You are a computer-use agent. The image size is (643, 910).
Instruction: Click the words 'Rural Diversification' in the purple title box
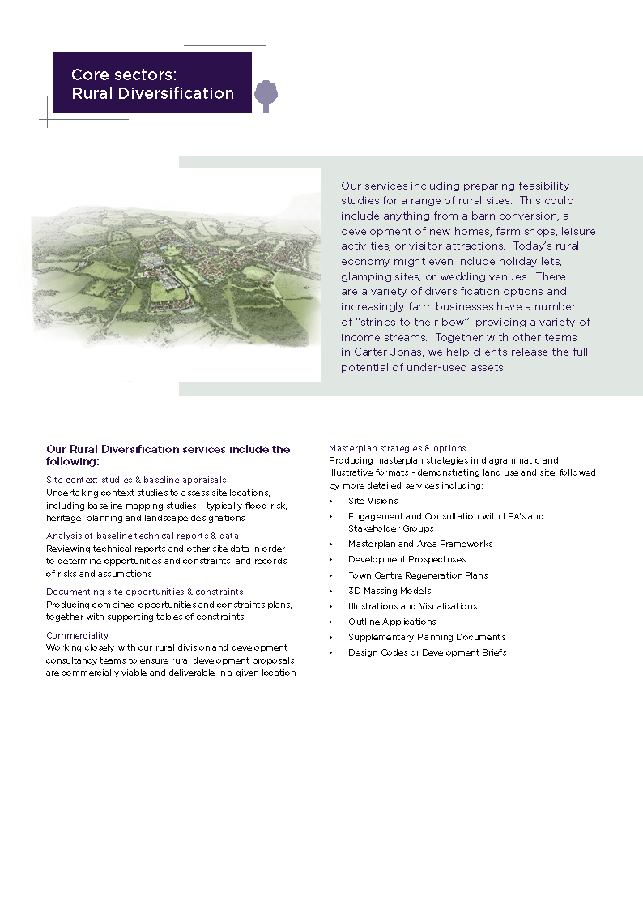pyautogui.click(x=152, y=93)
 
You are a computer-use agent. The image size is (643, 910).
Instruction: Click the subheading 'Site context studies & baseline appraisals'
pyautogui.click(x=136, y=480)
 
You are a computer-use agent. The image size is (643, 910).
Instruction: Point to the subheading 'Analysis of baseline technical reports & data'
pyautogui.click(x=143, y=536)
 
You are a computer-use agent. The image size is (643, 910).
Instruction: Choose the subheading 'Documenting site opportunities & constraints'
pyautogui.click(x=144, y=592)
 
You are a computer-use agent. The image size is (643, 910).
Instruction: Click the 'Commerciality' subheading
pyautogui.click(x=77, y=635)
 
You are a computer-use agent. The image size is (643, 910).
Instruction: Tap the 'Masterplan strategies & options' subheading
pyautogui.click(x=397, y=448)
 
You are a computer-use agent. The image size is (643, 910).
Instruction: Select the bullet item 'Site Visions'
pyautogui.click(x=373, y=501)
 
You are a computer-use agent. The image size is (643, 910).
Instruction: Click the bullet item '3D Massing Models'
pyautogui.click(x=390, y=591)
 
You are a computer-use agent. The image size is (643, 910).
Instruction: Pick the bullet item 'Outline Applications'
pyautogui.click(x=392, y=622)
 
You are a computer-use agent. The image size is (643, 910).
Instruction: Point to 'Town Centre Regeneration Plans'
pyautogui.click(x=418, y=575)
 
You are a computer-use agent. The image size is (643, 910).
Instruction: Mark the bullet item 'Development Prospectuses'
pyautogui.click(x=407, y=559)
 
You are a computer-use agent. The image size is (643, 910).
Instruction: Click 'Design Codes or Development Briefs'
pyautogui.click(x=427, y=652)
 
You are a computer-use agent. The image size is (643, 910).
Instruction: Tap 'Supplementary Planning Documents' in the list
pyautogui.click(x=427, y=637)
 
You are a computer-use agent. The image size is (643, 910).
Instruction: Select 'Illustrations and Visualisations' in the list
pyautogui.click(x=412, y=606)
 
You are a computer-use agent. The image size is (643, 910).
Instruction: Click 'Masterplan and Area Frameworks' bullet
pyautogui.click(x=420, y=544)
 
